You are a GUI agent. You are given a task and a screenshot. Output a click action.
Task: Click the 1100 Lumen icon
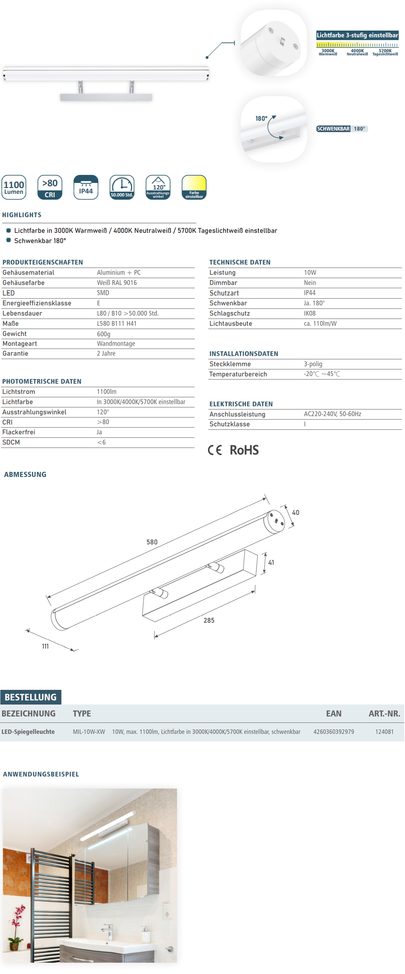(x=14, y=187)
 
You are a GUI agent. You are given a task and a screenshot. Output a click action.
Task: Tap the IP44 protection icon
(x=86, y=187)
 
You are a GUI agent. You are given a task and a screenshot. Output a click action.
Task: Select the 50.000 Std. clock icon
(x=122, y=187)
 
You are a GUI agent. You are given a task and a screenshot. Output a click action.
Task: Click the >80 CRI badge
(x=50, y=187)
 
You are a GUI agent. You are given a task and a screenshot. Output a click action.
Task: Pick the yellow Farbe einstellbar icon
(x=194, y=187)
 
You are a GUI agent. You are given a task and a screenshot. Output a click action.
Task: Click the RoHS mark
(x=244, y=450)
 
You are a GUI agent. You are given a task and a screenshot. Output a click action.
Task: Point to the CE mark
(x=215, y=450)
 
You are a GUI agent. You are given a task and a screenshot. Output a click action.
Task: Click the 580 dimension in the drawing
(x=152, y=542)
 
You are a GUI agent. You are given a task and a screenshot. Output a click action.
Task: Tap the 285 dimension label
(x=209, y=621)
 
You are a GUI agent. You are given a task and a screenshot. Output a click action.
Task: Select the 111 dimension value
(x=45, y=646)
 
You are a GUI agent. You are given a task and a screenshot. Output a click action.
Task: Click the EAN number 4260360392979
(x=334, y=732)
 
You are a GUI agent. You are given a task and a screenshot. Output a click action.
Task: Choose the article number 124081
(x=384, y=732)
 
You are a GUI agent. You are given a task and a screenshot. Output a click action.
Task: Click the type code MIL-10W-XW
(x=89, y=732)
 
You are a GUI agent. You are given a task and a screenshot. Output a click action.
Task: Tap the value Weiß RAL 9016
(x=117, y=283)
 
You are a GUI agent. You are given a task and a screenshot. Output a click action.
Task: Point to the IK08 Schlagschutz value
(x=310, y=313)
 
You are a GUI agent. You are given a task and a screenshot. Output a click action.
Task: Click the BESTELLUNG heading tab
(x=31, y=697)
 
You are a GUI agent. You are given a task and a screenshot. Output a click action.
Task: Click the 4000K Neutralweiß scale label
(x=357, y=52)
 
